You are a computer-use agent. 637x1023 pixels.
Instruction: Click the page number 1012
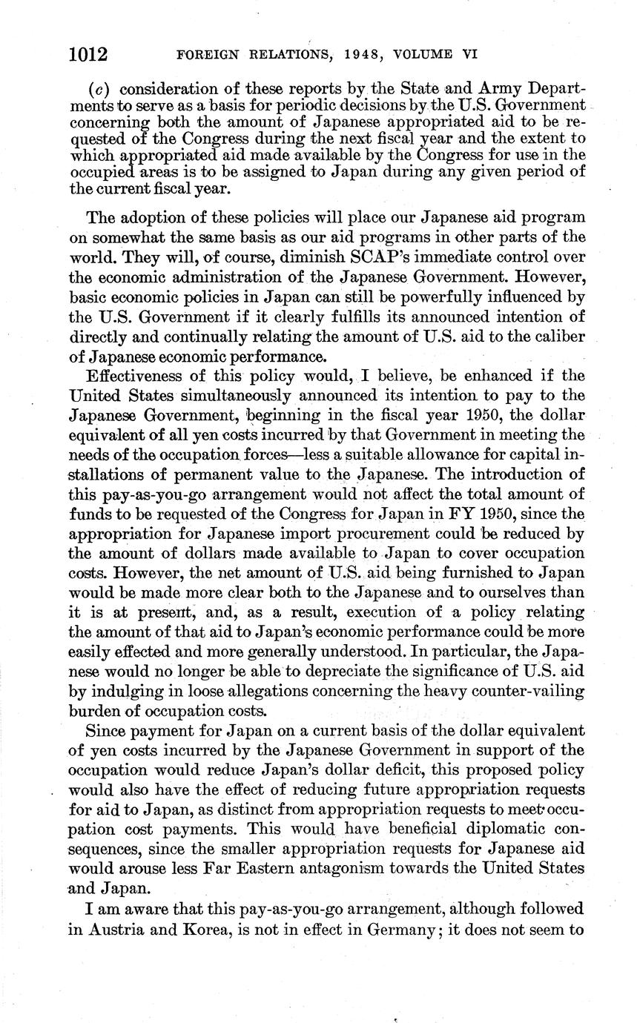point(88,55)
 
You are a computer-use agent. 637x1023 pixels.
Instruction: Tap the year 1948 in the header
point(349,55)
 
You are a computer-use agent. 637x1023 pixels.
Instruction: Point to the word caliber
point(555,335)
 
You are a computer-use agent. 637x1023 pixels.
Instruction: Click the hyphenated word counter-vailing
point(526,692)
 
